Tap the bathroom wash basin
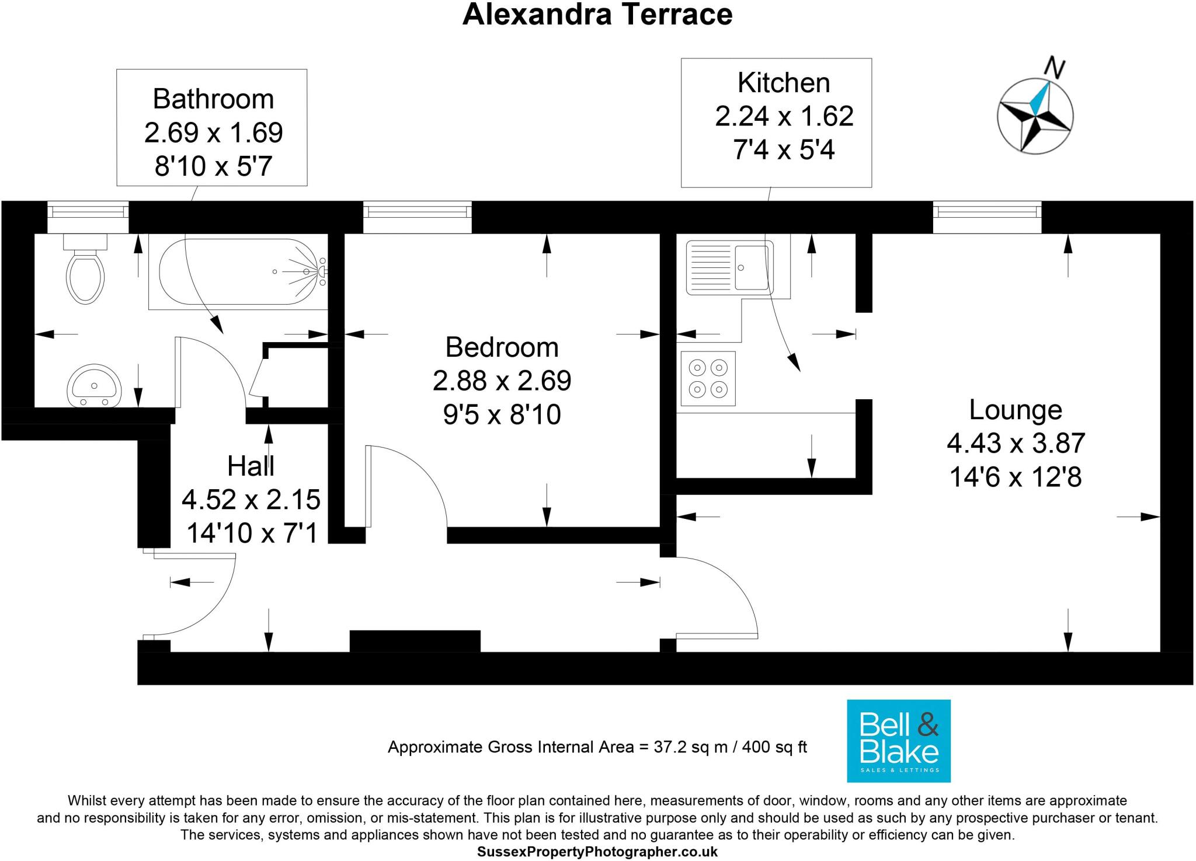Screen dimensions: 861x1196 [x=94, y=386]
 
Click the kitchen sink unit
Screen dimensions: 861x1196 [x=730, y=267]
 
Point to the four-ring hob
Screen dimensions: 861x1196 [x=708, y=378]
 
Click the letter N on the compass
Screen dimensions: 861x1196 [x=1054, y=68]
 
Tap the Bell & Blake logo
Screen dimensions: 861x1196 [x=899, y=741]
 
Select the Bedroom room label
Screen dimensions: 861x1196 [x=502, y=347]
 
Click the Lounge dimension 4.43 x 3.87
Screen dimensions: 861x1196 [x=1016, y=443]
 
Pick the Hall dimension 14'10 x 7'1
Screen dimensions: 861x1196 [x=252, y=532]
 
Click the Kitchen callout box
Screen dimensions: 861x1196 [x=776, y=123]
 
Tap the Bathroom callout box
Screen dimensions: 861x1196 [x=211, y=127]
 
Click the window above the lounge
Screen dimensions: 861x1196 [x=987, y=217]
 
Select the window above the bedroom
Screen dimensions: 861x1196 [x=417, y=217]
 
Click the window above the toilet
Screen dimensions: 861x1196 [x=88, y=217]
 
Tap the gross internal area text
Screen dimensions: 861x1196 [x=597, y=747]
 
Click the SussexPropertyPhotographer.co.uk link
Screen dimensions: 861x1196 [x=597, y=852]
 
